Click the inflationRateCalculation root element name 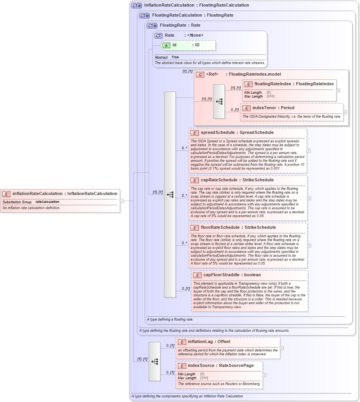tap(37, 194)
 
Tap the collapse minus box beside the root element tap(122, 201)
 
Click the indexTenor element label tap(268, 108)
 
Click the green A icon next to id tap(166, 45)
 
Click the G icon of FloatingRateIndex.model tap(200, 74)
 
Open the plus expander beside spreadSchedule tap(309, 151)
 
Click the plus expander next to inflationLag tap(282, 348)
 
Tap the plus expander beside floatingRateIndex tap(338, 90)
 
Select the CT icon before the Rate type tap(158, 35)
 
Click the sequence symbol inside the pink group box tap(219, 101)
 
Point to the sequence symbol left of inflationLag tap(155, 361)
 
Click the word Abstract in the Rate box tap(161, 57)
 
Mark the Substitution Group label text tap(17, 202)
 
